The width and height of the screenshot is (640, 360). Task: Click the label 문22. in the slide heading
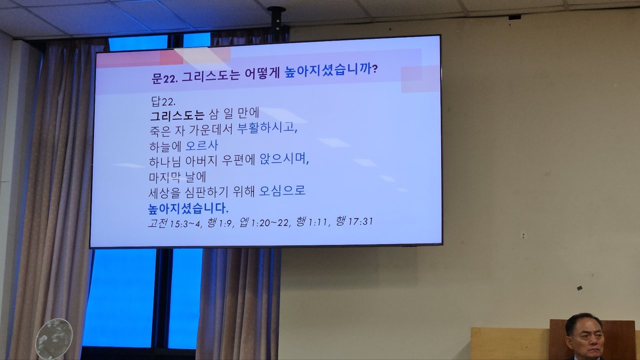[165, 77]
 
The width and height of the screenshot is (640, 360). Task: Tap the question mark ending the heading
[375, 69]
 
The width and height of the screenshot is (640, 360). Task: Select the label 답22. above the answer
[163, 101]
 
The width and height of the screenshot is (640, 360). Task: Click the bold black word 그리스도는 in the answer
[177, 115]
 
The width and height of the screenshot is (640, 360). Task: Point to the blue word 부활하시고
[267, 127]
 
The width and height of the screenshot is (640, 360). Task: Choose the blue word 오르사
[201, 145]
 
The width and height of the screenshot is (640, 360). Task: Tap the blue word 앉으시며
[284, 159]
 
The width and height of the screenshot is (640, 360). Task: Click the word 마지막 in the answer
[165, 177]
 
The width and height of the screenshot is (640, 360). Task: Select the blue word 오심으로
[282, 191]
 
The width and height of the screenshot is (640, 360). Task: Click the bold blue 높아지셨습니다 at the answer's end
[188, 208]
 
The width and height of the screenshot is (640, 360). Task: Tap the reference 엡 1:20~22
[265, 222]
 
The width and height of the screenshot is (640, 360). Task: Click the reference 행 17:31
[354, 221]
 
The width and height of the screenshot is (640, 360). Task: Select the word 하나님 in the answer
[165, 161]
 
